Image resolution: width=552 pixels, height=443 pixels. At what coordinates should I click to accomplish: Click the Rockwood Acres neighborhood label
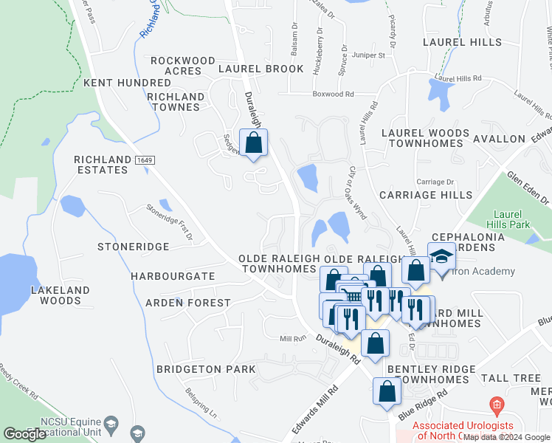183,66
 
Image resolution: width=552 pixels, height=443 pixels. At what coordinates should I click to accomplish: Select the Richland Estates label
101,165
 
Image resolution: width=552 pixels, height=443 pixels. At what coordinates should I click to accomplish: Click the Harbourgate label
173,276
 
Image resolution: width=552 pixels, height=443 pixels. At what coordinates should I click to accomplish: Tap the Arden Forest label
187,303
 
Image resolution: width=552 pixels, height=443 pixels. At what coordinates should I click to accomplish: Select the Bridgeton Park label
206,369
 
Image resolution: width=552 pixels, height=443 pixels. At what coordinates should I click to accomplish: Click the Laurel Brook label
261,69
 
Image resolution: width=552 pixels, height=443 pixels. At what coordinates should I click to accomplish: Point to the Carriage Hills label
426,195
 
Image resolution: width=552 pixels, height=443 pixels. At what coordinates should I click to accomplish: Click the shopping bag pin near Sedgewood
254,142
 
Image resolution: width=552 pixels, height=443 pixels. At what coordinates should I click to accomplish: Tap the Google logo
24,434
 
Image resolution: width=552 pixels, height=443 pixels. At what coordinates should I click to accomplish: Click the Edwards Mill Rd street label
314,408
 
